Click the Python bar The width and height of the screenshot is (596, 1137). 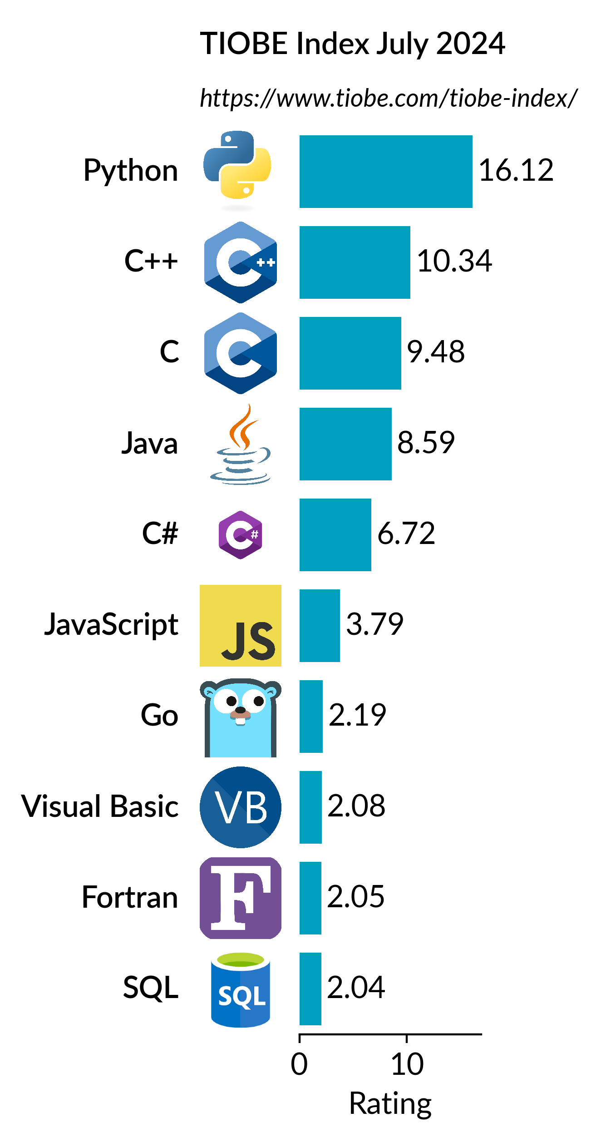386,171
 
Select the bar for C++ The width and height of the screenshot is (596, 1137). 355,262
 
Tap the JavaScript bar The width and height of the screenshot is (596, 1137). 320,625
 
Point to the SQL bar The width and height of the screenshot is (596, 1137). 310,989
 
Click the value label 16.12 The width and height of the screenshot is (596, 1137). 516,170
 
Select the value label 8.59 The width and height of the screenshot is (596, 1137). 425,442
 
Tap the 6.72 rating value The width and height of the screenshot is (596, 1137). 406,533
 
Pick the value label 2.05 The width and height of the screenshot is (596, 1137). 355,896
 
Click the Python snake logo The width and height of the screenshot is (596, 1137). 237,166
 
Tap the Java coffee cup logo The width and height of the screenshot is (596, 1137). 240,445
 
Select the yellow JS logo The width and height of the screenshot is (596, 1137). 240,625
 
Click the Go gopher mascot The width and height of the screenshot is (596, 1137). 240,717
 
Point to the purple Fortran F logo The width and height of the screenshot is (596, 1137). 240,898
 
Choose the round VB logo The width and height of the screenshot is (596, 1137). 240,807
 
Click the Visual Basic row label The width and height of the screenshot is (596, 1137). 100,806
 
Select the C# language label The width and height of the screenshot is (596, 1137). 160,533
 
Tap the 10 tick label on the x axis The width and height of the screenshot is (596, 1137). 407,1064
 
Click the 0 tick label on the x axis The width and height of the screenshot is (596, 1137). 299,1064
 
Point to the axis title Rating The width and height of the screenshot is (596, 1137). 390,1103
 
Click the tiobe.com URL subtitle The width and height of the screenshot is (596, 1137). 388,98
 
